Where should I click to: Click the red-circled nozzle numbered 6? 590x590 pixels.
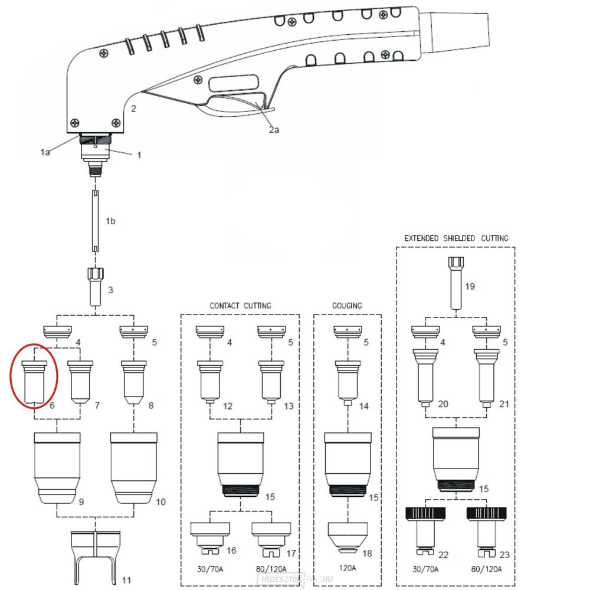(34, 381)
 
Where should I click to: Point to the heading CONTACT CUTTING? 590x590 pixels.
(240, 306)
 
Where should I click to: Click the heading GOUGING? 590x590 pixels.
(347, 306)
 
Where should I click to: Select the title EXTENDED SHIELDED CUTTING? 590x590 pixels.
(455, 238)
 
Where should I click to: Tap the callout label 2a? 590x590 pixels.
(274, 129)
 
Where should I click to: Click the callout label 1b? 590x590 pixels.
(110, 221)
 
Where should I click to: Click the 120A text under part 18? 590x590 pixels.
(347, 569)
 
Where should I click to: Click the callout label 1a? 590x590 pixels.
(45, 152)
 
